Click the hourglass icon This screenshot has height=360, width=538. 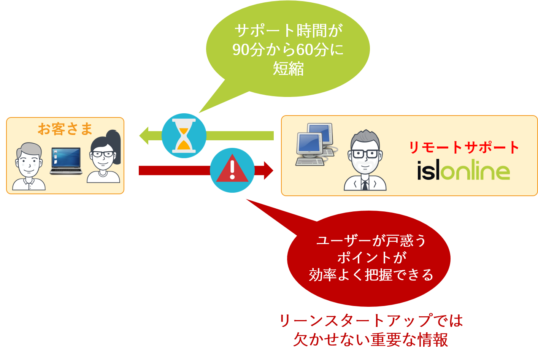[184, 136]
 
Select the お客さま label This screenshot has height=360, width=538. [65, 129]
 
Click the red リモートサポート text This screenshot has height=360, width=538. [464, 147]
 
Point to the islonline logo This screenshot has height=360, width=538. [463, 170]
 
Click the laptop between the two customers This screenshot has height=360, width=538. [66, 161]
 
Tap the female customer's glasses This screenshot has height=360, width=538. [103, 154]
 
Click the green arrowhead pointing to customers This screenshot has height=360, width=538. [144, 136]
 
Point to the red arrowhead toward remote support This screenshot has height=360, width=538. [268, 171]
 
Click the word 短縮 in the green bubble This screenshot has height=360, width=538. [288, 69]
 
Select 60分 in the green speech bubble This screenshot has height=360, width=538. [313, 50]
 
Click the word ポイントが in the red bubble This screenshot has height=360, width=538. [371, 257]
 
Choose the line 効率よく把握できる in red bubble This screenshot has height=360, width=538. [371, 275]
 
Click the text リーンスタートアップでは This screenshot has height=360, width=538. [371, 320]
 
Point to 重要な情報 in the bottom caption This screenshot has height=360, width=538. [409, 339]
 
